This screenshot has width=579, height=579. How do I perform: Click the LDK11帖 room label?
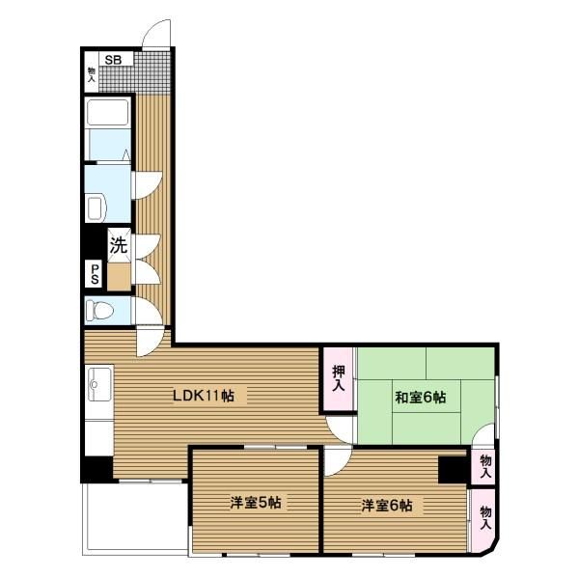[204, 396]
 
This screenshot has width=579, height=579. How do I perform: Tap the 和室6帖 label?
[420, 398]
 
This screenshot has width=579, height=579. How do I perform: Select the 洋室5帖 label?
[256, 503]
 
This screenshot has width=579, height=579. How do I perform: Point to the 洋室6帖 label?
[387, 505]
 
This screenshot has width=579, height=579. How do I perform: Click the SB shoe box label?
[113, 60]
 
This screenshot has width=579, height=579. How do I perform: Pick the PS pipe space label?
[95, 274]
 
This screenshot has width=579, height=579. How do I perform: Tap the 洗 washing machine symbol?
[119, 245]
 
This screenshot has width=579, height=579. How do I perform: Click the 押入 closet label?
[339, 378]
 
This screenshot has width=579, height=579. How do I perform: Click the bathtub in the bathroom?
[107, 112]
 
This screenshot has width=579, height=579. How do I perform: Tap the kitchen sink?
[99, 384]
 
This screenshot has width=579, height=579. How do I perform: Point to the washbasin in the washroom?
[96, 208]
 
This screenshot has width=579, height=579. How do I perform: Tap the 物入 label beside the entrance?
[92, 74]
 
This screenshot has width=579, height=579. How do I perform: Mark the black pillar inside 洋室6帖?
[454, 470]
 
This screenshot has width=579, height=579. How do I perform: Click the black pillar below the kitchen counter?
[97, 469]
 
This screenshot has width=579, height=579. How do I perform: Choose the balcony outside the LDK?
[135, 518]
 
